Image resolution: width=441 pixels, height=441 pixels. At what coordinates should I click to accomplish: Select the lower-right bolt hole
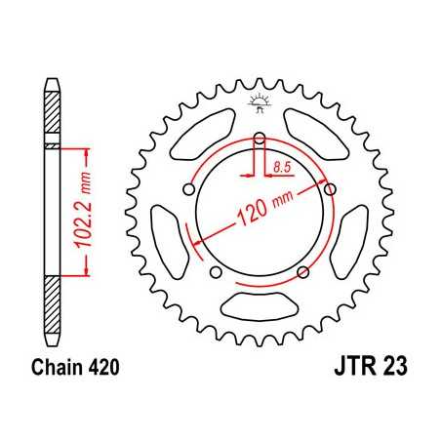click(304, 270)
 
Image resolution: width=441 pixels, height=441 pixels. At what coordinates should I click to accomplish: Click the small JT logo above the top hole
click(261, 101)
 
